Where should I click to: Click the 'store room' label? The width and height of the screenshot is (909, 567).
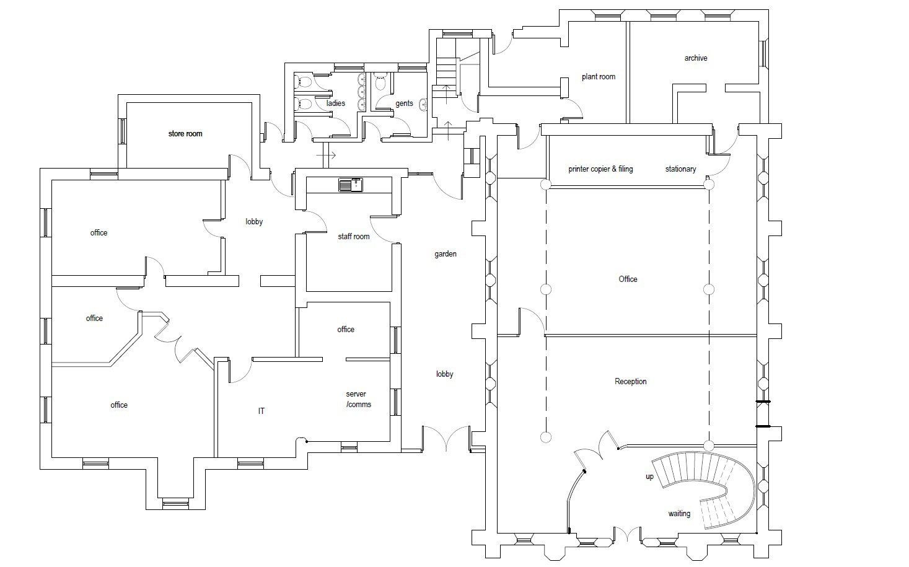[185, 133]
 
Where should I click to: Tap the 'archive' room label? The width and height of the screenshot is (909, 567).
[696, 58]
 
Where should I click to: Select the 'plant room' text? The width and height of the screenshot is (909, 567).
[598, 77]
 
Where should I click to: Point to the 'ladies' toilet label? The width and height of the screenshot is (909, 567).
[336, 103]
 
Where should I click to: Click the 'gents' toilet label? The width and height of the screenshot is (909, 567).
[404, 103]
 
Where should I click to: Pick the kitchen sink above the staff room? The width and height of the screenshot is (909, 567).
[351, 185]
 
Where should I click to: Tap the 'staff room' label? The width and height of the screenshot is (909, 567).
[353, 236]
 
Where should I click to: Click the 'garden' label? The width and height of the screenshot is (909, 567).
[445, 254]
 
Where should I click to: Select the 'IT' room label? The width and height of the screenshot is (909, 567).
[261, 411]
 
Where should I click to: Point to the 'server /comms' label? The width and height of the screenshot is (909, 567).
[358, 399]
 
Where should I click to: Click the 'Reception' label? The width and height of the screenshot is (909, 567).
[630, 382]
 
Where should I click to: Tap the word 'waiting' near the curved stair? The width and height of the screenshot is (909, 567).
[679, 514]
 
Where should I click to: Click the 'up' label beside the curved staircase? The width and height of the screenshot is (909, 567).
[650, 477]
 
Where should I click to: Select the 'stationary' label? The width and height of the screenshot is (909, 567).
[680, 169]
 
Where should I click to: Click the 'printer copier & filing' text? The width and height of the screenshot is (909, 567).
[600, 169]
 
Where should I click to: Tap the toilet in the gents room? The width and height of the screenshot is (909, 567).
[380, 82]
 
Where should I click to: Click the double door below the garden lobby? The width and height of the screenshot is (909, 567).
[446, 438]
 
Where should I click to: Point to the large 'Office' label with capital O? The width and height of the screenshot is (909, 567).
[628, 279]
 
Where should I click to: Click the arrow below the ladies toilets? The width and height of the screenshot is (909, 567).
[327, 156]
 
